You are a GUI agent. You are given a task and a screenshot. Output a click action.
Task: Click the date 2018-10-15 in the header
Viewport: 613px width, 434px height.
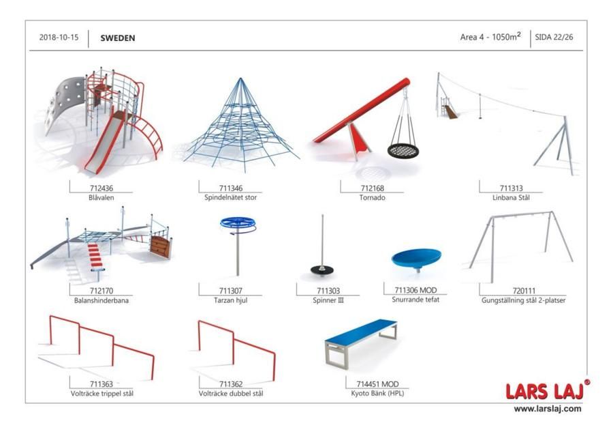[59, 38]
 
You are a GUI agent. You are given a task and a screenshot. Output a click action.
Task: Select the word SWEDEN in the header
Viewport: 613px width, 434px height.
[118, 38]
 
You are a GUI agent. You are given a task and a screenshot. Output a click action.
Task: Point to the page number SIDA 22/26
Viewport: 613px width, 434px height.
[554, 38]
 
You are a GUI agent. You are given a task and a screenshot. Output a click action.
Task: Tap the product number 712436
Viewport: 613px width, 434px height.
[101, 188]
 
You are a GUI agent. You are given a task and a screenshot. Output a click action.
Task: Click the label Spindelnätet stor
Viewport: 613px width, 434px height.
[231, 197]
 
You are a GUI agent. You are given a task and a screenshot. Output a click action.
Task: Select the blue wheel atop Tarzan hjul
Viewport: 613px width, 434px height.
[238, 223]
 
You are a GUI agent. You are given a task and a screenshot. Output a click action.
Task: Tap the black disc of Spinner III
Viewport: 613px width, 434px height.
[322, 270]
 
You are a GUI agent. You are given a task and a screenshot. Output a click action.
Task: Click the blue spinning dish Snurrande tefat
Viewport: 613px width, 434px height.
[416, 258]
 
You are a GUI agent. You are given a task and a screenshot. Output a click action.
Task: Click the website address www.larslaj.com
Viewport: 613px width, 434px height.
[548, 409]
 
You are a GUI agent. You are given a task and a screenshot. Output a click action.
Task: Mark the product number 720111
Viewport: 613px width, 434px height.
[524, 291]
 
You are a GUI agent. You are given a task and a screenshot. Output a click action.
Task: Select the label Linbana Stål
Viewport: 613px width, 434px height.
[511, 198]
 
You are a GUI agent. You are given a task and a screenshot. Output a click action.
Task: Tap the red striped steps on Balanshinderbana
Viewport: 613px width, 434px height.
[95, 255]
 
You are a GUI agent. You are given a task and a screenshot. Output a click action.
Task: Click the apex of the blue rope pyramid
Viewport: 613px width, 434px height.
[240, 78]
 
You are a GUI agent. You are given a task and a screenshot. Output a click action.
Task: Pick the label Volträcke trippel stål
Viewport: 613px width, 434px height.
[101, 394]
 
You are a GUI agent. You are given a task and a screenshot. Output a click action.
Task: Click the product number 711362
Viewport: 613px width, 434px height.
[231, 384]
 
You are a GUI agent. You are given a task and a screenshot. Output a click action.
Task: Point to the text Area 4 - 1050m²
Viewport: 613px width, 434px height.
[490, 36]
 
